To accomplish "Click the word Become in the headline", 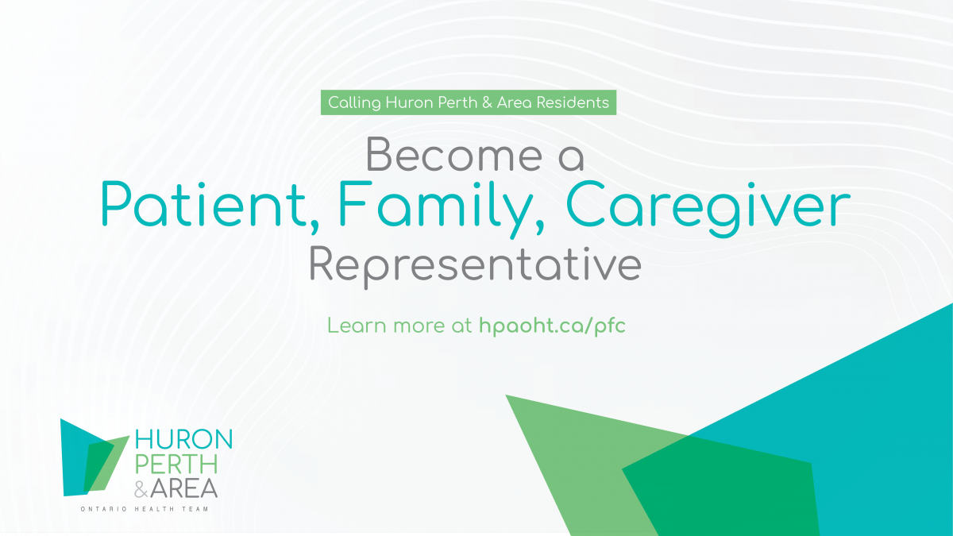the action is (454, 154).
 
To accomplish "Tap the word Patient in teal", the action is (203, 204).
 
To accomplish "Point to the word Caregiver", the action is (708, 208).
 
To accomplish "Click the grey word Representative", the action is (475, 266).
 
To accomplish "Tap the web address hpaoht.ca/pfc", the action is (552, 326).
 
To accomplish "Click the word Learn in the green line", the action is (357, 326).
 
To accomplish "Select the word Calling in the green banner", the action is (354, 103).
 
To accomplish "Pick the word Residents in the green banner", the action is (573, 102).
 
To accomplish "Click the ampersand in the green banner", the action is (487, 102).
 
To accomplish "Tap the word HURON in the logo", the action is (183, 439).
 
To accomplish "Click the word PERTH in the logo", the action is (176, 464).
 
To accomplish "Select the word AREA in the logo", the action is (183, 488).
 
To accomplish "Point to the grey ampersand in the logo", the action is (141, 489).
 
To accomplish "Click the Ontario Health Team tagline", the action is (145, 509).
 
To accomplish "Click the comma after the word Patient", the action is (314, 226).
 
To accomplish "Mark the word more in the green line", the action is (419, 326).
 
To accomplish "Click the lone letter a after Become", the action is (571, 158).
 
